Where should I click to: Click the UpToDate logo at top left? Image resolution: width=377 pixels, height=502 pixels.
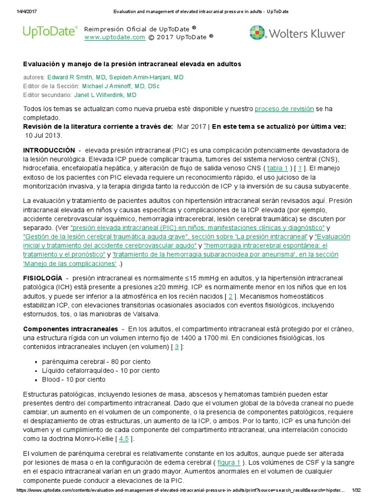(50, 32)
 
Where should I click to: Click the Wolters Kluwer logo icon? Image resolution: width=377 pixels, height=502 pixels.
(258, 33)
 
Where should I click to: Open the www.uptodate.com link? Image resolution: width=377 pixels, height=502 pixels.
(115, 37)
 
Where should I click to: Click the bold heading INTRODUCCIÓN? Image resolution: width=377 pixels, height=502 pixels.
(49, 150)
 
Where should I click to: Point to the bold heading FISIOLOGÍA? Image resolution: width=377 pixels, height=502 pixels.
(43, 278)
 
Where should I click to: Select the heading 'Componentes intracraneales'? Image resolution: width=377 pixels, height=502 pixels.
(71, 328)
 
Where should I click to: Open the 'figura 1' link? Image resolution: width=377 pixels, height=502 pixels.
(229, 463)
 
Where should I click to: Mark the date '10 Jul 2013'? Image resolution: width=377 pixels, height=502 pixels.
(44, 135)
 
